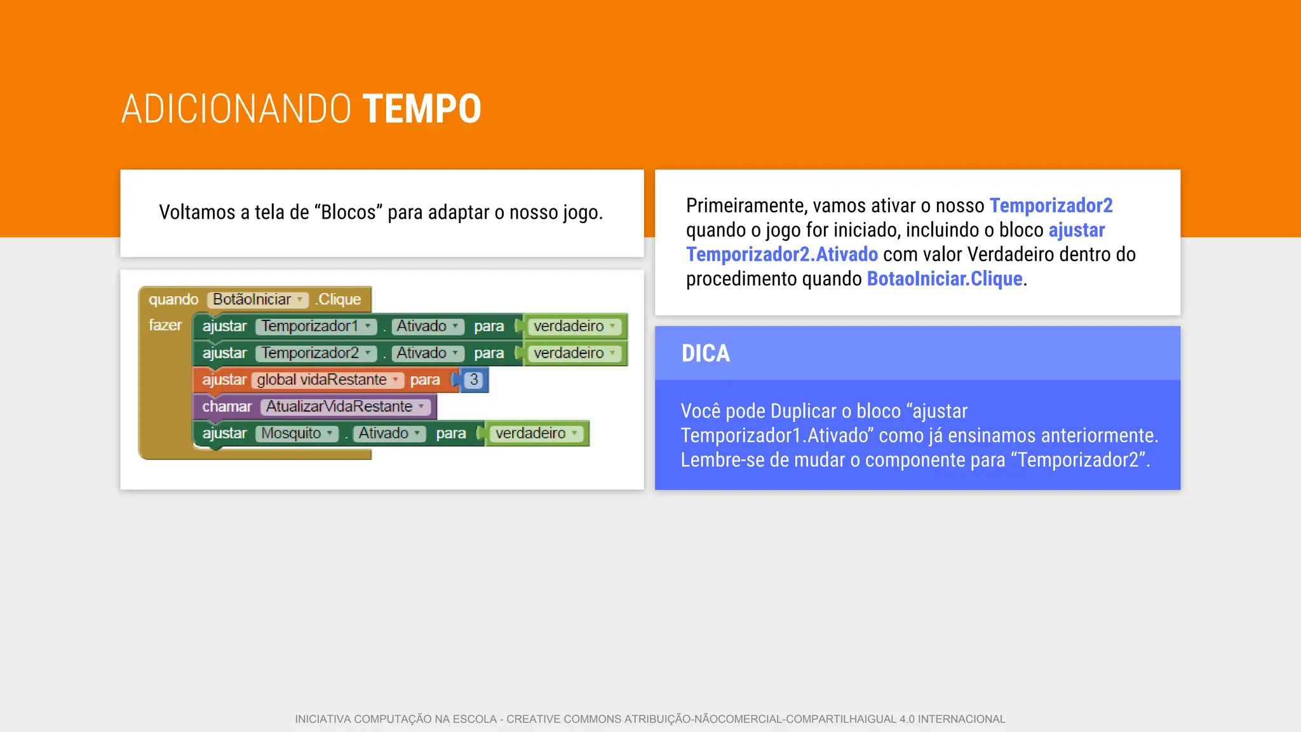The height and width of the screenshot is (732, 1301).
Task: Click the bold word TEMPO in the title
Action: [422, 109]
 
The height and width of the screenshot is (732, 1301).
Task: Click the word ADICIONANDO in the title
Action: [236, 109]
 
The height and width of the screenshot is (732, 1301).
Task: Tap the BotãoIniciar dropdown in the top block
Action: [257, 299]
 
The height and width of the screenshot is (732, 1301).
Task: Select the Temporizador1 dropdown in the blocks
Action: [316, 326]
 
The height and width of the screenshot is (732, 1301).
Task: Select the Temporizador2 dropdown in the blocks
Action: [316, 353]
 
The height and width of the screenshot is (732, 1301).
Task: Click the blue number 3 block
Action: [474, 379]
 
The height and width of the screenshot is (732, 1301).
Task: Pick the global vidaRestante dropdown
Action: [328, 379]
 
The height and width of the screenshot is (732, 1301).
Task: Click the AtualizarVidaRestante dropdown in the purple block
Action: [345, 406]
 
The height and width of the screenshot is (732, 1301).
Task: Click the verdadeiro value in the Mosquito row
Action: [536, 433]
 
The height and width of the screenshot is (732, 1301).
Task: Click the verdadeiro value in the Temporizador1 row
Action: [574, 326]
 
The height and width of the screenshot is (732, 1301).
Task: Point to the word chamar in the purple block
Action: [227, 406]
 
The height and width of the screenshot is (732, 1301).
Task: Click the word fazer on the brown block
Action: [165, 325]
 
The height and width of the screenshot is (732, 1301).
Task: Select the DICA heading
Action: [705, 353]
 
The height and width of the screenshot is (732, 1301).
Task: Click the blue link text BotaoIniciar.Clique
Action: [944, 278]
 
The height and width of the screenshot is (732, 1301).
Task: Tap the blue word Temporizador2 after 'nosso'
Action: [1051, 205]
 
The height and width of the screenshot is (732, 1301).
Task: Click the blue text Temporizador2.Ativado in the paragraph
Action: [781, 254]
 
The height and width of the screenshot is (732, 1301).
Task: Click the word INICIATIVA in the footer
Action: [323, 719]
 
